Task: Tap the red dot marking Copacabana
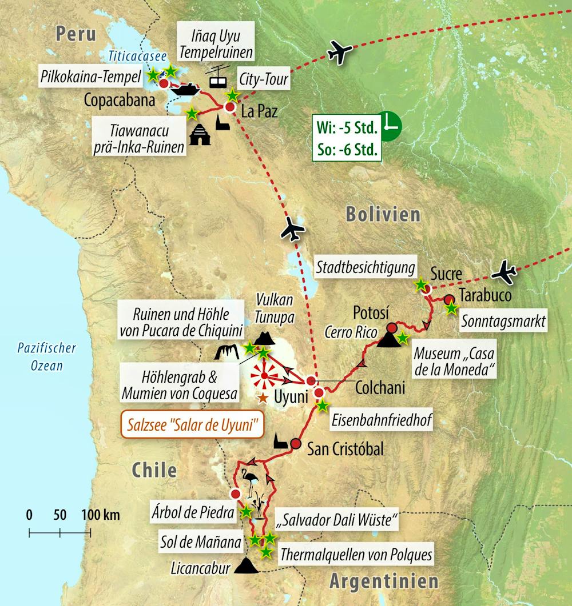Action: click(164, 83)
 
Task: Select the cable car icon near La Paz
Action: click(217, 76)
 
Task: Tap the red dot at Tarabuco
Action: click(449, 299)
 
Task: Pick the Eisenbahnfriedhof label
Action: click(382, 422)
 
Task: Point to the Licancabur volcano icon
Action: click(248, 566)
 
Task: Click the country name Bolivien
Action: click(383, 215)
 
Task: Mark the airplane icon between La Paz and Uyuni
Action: click(292, 230)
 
